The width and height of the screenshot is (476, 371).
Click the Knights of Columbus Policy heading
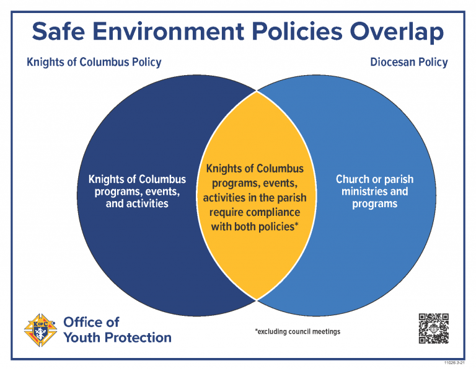coord(94,63)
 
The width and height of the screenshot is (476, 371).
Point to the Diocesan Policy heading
coord(408,63)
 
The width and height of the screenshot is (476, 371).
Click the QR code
coord(433,329)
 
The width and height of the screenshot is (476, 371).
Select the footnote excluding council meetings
coord(297,331)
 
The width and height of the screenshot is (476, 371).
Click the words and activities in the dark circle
coord(137,203)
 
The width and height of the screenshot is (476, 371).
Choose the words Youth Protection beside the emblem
coord(117,337)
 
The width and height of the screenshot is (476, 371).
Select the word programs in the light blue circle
coord(374,203)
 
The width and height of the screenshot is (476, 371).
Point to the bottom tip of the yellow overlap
coord(257,299)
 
